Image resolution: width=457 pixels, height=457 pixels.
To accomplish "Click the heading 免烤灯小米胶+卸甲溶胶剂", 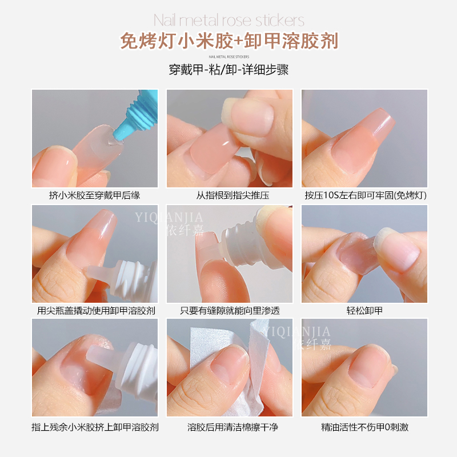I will click(x=228, y=41).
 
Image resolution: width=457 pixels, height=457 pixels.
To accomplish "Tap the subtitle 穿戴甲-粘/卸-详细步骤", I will click(x=228, y=70).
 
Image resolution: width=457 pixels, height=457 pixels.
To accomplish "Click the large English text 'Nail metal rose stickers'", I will click(x=228, y=22).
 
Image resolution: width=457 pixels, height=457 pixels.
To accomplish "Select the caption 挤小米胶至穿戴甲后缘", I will click(x=95, y=195).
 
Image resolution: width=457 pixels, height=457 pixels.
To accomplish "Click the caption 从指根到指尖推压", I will click(x=229, y=195).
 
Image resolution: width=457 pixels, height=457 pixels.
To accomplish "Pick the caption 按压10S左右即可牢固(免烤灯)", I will click(x=364, y=195).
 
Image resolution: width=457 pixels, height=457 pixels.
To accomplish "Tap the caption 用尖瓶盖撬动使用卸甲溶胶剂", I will click(x=95, y=311).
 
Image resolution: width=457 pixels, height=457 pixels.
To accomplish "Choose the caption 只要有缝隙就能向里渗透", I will click(x=229, y=311).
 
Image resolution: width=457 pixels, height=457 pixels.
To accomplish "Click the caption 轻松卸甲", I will click(x=364, y=311).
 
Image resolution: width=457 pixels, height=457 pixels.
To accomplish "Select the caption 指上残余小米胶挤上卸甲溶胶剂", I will click(x=95, y=427).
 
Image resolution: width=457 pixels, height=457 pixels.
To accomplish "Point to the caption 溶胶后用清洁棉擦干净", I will click(x=229, y=427).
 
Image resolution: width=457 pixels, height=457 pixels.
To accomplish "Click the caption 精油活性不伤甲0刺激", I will click(x=364, y=427).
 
